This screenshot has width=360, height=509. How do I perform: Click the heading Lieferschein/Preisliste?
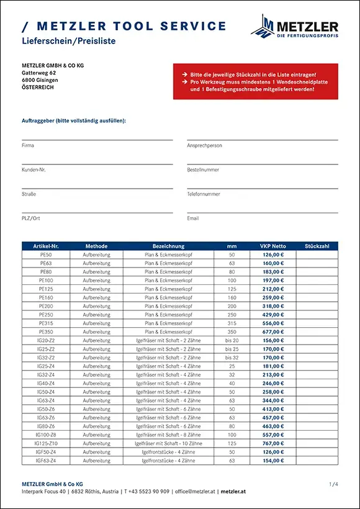(x=68, y=41)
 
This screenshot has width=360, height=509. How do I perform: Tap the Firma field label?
(x=28, y=145)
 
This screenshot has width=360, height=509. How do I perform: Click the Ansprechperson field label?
(x=204, y=145)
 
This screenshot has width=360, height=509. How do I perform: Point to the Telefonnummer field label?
(x=204, y=194)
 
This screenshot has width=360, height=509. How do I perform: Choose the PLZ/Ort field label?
(x=31, y=218)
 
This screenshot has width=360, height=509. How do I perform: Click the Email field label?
(x=193, y=218)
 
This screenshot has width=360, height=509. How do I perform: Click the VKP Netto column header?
(x=272, y=246)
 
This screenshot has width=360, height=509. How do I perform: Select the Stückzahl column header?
(x=317, y=246)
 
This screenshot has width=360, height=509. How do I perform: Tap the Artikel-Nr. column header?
(x=45, y=246)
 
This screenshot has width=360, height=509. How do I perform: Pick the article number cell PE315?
(x=45, y=323)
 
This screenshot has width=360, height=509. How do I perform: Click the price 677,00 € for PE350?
(x=272, y=332)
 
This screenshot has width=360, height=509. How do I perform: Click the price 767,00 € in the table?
(x=272, y=444)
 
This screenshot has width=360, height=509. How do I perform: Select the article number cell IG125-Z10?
(x=45, y=444)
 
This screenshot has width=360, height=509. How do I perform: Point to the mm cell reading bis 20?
(x=232, y=341)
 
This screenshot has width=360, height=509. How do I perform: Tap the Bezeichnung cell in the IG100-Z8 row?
(x=168, y=435)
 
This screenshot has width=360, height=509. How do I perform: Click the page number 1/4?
(x=333, y=483)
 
